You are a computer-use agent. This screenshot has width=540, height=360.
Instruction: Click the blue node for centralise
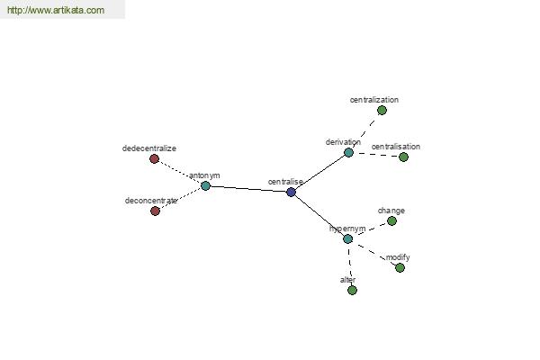point(291,192)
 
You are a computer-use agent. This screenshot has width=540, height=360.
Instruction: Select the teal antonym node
point(205,185)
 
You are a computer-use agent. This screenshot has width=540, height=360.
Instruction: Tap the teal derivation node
point(348,152)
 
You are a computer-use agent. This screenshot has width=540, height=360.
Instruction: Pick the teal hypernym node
point(347,238)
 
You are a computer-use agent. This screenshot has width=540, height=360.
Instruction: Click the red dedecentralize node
point(154,158)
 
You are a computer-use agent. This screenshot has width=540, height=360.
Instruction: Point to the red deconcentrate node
point(156,211)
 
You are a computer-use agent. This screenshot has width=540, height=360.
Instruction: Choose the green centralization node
point(382,110)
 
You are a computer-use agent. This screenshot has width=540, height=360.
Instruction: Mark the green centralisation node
point(403,157)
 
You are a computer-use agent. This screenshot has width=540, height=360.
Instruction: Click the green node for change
point(391,220)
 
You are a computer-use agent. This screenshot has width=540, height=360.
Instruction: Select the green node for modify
point(400,267)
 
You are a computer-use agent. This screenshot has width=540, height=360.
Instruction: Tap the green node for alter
point(352,290)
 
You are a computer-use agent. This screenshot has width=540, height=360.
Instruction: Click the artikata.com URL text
point(56,10)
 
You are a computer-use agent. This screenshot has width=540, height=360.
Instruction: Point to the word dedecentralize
point(149,148)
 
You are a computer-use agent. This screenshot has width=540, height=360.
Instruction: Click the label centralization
point(374,100)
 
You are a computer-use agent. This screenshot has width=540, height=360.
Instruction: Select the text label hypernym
point(347,229)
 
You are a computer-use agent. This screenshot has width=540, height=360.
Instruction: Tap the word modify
point(398,257)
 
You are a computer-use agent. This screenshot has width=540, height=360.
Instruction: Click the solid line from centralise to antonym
point(248,189)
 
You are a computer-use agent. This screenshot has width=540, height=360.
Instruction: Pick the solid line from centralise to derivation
point(319,172)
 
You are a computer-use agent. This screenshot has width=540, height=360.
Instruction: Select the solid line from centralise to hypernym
point(319,215)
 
